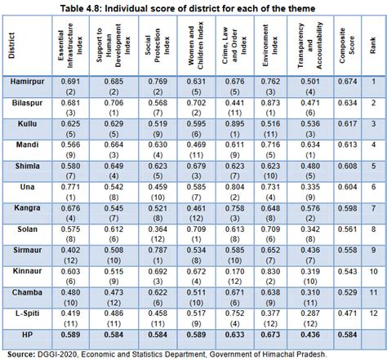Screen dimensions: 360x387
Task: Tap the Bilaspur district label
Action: (x=28, y=127)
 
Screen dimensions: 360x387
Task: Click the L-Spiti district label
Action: (x=28, y=313)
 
